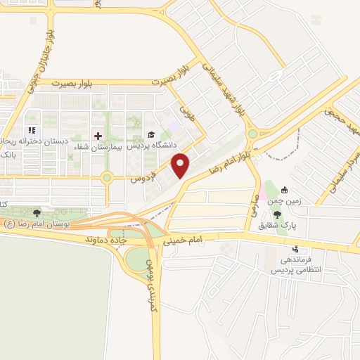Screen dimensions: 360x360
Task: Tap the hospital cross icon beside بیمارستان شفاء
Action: pos(98,134)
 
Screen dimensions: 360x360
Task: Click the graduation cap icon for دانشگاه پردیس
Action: pos(150,135)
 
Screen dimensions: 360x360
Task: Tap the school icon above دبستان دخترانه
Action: pos(30,131)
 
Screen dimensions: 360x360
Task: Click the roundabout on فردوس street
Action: pos(107,178)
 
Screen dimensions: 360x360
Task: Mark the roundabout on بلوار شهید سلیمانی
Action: pos(252,134)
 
